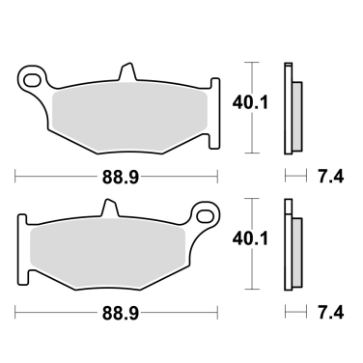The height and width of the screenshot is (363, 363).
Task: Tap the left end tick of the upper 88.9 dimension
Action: pyautogui.click(x=16, y=178)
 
